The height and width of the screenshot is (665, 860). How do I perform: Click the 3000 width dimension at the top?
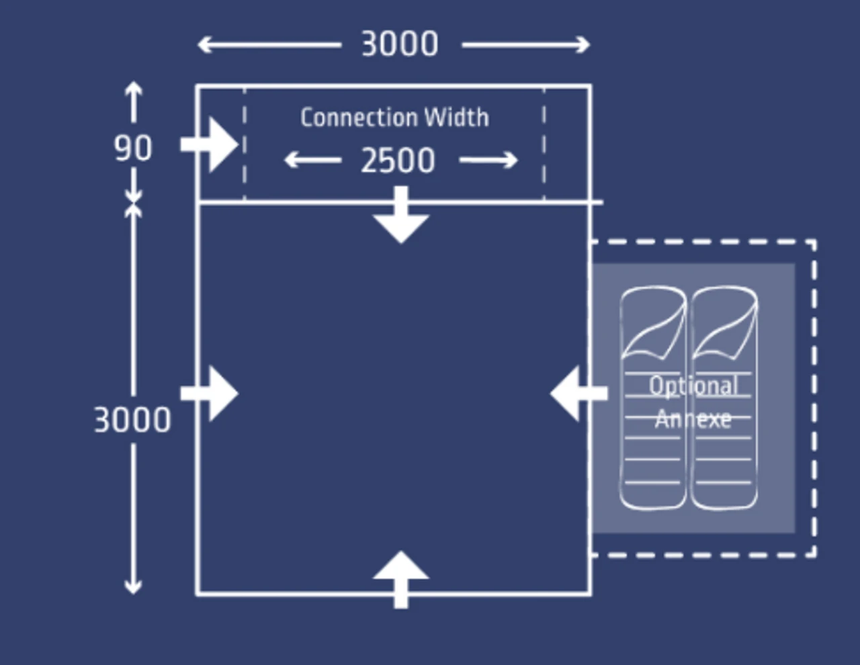coord(400,45)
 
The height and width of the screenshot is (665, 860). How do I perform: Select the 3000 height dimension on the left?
coord(132,420)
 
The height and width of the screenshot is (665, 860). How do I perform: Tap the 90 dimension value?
coord(133,148)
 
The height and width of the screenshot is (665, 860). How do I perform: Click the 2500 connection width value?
coord(398,161)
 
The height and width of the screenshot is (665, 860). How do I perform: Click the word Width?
coord(457,118)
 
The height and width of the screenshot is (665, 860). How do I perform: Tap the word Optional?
coord(693,386)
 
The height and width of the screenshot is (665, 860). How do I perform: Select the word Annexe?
coord(693,419)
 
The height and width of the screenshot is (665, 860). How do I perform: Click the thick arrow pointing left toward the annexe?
coord(577,394)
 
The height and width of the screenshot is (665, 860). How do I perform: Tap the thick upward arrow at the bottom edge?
coord(401,578)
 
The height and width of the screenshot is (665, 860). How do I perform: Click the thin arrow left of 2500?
coord(312,161)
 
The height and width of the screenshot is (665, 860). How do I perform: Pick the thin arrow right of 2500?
coord(488,161)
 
